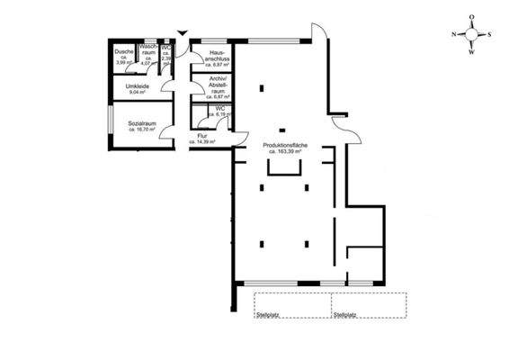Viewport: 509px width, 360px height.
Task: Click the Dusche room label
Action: click(124, 51)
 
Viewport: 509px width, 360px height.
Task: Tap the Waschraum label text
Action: click(147, 50)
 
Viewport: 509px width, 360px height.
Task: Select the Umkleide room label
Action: click(125, 86)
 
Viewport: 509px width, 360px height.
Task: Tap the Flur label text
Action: click(203, 137)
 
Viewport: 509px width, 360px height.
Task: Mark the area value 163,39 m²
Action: click(286, 152)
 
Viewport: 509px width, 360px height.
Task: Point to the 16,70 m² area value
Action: click(142, 130)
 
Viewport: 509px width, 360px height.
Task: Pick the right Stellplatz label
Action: click(344, 315)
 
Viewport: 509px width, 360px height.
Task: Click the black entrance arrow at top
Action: click(183, 34)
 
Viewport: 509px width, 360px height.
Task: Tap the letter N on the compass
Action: click(455, 34)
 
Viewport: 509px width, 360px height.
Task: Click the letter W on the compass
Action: click(472, 52)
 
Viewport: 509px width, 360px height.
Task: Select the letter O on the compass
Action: click(472, 16)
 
